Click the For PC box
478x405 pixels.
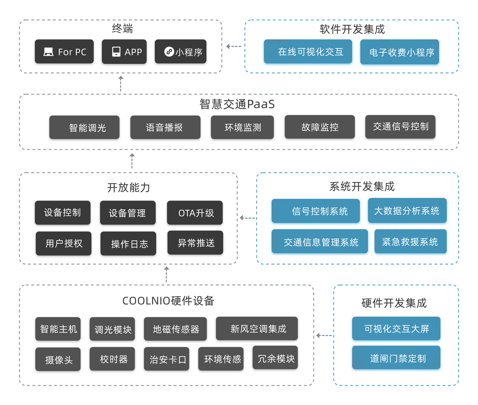coord(64,52)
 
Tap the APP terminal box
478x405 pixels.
coord(124,52)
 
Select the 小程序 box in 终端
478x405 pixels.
coord(180,52)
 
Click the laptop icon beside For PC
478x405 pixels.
coord(48,52)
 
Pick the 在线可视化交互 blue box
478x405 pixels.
coord(308,52)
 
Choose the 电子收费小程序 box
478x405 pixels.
coord(400,52)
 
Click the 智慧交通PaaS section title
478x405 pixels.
coord(237,104)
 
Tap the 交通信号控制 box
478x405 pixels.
coord(400,127)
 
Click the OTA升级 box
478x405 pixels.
coord(195,213)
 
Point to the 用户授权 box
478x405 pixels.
coord(63,244)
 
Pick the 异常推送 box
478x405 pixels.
coord(195,243)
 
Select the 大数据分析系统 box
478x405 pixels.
coord(407,211)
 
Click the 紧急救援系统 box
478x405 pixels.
coord(410,242)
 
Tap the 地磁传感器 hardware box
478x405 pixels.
coord(175,329)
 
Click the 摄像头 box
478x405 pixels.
coord(58,359)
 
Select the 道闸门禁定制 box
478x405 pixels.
coord(396,358)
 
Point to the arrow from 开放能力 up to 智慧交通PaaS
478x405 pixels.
coord(132,161)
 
